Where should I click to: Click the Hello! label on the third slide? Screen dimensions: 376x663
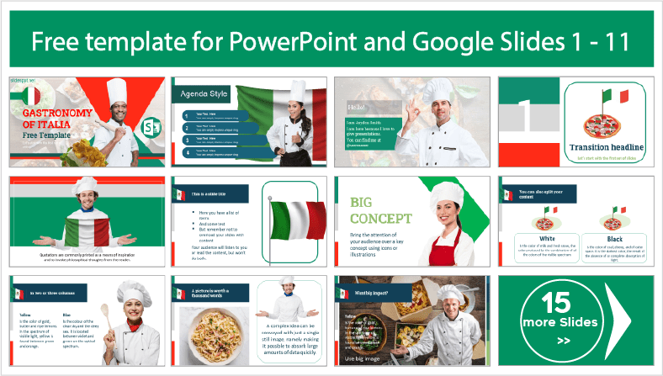(x=357, y=108)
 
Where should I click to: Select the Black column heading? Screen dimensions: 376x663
(x=618, y=239)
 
